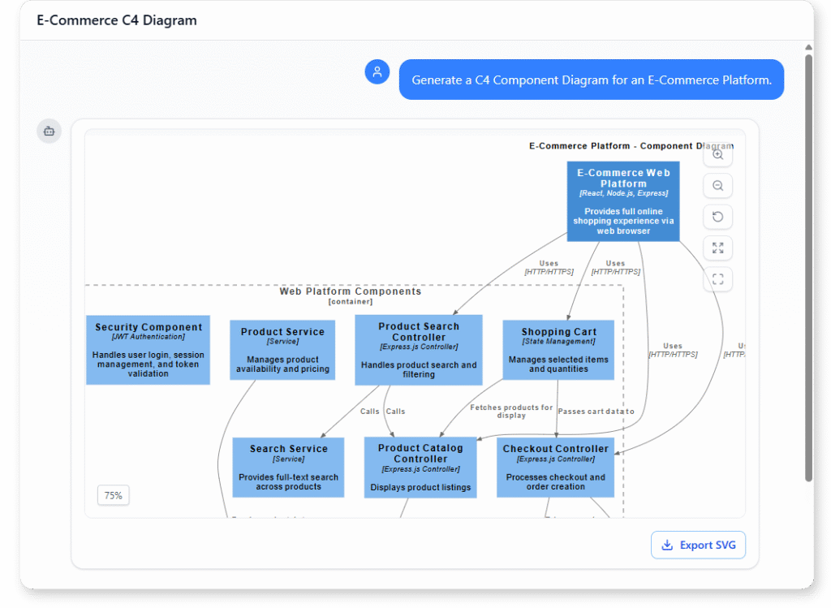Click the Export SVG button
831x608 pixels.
[698, 545]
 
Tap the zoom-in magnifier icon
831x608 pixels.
[717, 155]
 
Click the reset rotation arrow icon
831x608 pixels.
[717, 217]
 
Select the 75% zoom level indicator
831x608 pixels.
[114, 495]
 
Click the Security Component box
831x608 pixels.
[148, 350]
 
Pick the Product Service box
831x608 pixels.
[282, 351]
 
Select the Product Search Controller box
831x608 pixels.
[419, 350]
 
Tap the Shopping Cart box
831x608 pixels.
[558, 350]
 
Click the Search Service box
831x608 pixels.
[288, 468]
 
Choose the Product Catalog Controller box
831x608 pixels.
[420, 468]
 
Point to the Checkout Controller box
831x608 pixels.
[555, 468]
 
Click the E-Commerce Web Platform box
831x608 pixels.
[623, 201]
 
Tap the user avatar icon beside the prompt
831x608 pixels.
[377, 72]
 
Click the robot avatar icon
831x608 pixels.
[49, 131]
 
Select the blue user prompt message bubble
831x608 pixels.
[591, 80]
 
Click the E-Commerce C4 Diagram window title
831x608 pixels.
[117, 20]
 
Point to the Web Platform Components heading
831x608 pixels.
[351, 291]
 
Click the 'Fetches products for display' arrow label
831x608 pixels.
[511, 411]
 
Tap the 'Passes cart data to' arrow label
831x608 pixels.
[596, 412]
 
